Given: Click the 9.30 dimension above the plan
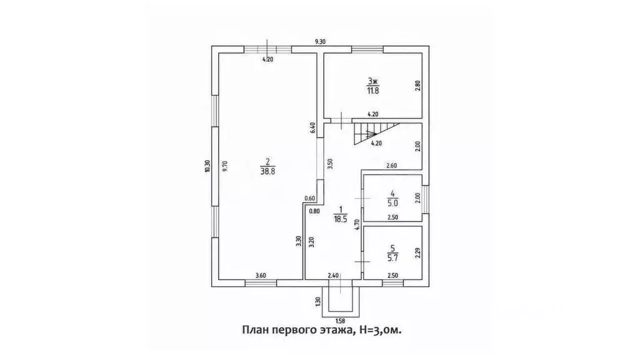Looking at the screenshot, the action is pyautogui.click(x=321, y=42).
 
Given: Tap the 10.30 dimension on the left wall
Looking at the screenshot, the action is pyautogui.click(x=207, y=166).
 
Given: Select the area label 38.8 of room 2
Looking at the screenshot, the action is pyautogui.click(x=267, y=172).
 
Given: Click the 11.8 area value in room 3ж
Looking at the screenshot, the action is pyautogui.click(x=373, y=91).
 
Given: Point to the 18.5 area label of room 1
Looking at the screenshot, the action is pyautogui.click(x=340, y=219).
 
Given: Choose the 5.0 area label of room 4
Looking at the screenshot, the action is pyautogui.click(x=392, y=202).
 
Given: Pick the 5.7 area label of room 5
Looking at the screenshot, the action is pyautogui.click(x=392, y=257).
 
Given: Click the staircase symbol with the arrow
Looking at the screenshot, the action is pyautogui.click(x=370, y=133).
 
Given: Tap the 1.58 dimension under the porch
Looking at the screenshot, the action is pyautogui.click(x=341, y=321).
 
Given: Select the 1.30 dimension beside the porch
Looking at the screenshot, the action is pyautogui.click(x=318, y=302).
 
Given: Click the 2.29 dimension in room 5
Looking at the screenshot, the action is pyautogui.click(x=417, y=254).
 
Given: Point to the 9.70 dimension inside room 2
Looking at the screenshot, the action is pyautogui.click(x=225, y=166).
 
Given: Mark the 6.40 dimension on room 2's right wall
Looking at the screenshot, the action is pyautogui.click(x=313, y=128).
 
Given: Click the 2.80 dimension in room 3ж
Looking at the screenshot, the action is pyautogui.click(x=417, y=86).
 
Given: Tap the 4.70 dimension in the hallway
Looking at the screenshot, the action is pyautogui.click(x=357, y=225).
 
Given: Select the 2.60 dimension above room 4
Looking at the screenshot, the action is pyautogui.click(x=391, y=166).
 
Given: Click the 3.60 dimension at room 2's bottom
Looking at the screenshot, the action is pyautogui.click(x=261, y=276).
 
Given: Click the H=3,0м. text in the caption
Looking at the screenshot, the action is pyautogui.click(x=381, y=330).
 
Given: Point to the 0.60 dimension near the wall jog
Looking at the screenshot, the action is pyautogui.click(x=310, y=199).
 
